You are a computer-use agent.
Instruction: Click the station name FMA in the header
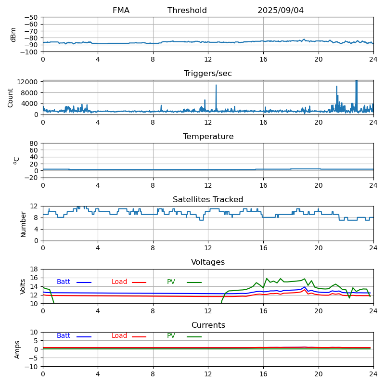(x=121, y=11)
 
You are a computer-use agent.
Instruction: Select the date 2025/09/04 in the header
(x=281, y=11)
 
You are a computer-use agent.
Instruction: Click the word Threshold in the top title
(x=187, y=11)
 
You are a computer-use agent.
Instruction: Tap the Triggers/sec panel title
(x=208, y=74)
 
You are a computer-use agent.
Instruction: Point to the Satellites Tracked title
(x=208, y=200)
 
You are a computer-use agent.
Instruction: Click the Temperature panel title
(x=208, y=137)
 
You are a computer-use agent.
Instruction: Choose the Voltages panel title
(x=208, y=262)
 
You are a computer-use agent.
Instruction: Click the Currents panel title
(x=208, y=325)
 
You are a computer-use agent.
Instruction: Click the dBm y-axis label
(x=13, y=34)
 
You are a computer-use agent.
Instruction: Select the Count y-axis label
(x=11, y=97)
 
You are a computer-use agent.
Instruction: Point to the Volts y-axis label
(x=23, y=286)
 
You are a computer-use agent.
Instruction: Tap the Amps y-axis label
(x=17, y=349)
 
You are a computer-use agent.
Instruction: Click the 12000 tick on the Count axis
(x=28, y=82)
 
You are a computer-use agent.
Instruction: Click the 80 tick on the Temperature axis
(x=34, y=143)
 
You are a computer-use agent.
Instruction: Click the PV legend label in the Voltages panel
(x=171, y=282)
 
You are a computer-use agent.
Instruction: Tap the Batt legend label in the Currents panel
(x=64, y=336)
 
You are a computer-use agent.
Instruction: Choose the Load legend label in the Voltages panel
(x=120, y=282)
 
